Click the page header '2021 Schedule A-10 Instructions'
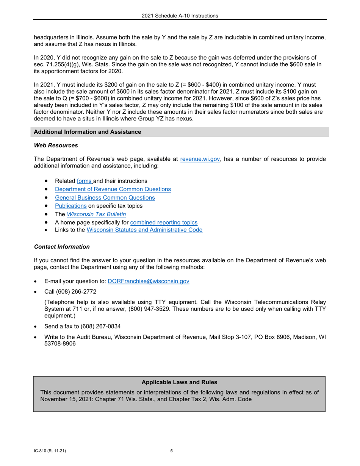180,16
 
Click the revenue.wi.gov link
200,159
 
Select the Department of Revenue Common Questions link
113,189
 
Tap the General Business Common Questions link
105,198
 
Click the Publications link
70,206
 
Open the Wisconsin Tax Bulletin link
97,214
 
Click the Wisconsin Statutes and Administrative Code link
144,230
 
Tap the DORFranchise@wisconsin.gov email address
149,281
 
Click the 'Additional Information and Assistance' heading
88,132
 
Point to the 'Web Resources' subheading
56,145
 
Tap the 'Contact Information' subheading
62,247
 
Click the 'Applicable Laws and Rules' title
179,382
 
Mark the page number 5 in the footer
172,451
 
